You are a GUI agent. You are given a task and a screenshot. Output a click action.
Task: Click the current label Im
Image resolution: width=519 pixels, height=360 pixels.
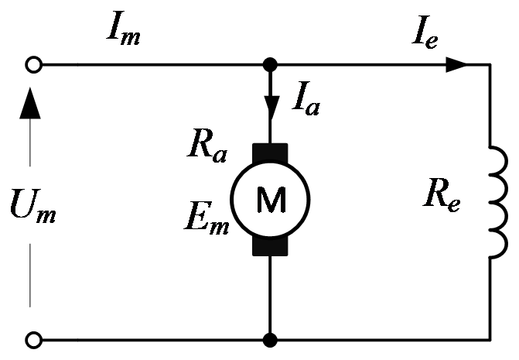tap(124, 28)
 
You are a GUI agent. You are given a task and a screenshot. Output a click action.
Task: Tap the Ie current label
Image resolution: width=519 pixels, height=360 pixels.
tap(425, 32)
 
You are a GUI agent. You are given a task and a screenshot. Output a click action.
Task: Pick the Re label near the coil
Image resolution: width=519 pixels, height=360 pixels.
tap(442, 195)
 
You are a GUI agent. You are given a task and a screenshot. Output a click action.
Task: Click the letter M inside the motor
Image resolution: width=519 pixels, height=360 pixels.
tap(271, 200)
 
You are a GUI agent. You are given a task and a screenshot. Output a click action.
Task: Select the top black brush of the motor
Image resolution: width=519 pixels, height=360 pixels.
tap(270, 153)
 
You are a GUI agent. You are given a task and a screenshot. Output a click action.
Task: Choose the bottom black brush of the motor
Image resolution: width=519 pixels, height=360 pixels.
tap(270, 246)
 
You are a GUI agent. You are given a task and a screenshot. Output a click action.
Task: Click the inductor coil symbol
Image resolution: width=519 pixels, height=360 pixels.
tap(498, 202)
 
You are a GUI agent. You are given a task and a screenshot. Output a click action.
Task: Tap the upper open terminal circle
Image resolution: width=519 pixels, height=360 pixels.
tap(34, 64)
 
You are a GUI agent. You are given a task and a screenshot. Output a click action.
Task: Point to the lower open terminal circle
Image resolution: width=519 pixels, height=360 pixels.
tap(34, 340)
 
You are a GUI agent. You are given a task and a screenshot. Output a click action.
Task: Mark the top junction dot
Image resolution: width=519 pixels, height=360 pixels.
tap(270, 64)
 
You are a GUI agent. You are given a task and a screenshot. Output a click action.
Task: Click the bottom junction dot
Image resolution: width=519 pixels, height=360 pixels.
tap(270, 340)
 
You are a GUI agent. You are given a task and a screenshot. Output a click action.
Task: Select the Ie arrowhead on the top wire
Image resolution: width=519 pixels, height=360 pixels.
tap(457, 64)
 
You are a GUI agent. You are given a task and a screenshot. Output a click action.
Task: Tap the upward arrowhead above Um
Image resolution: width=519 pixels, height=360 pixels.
tap(30, 103)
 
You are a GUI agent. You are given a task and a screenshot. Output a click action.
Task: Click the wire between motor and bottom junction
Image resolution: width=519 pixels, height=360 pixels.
tap(270, 294)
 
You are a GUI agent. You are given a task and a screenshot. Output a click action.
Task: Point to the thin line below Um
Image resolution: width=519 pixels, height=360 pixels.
tap(30, 276)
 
